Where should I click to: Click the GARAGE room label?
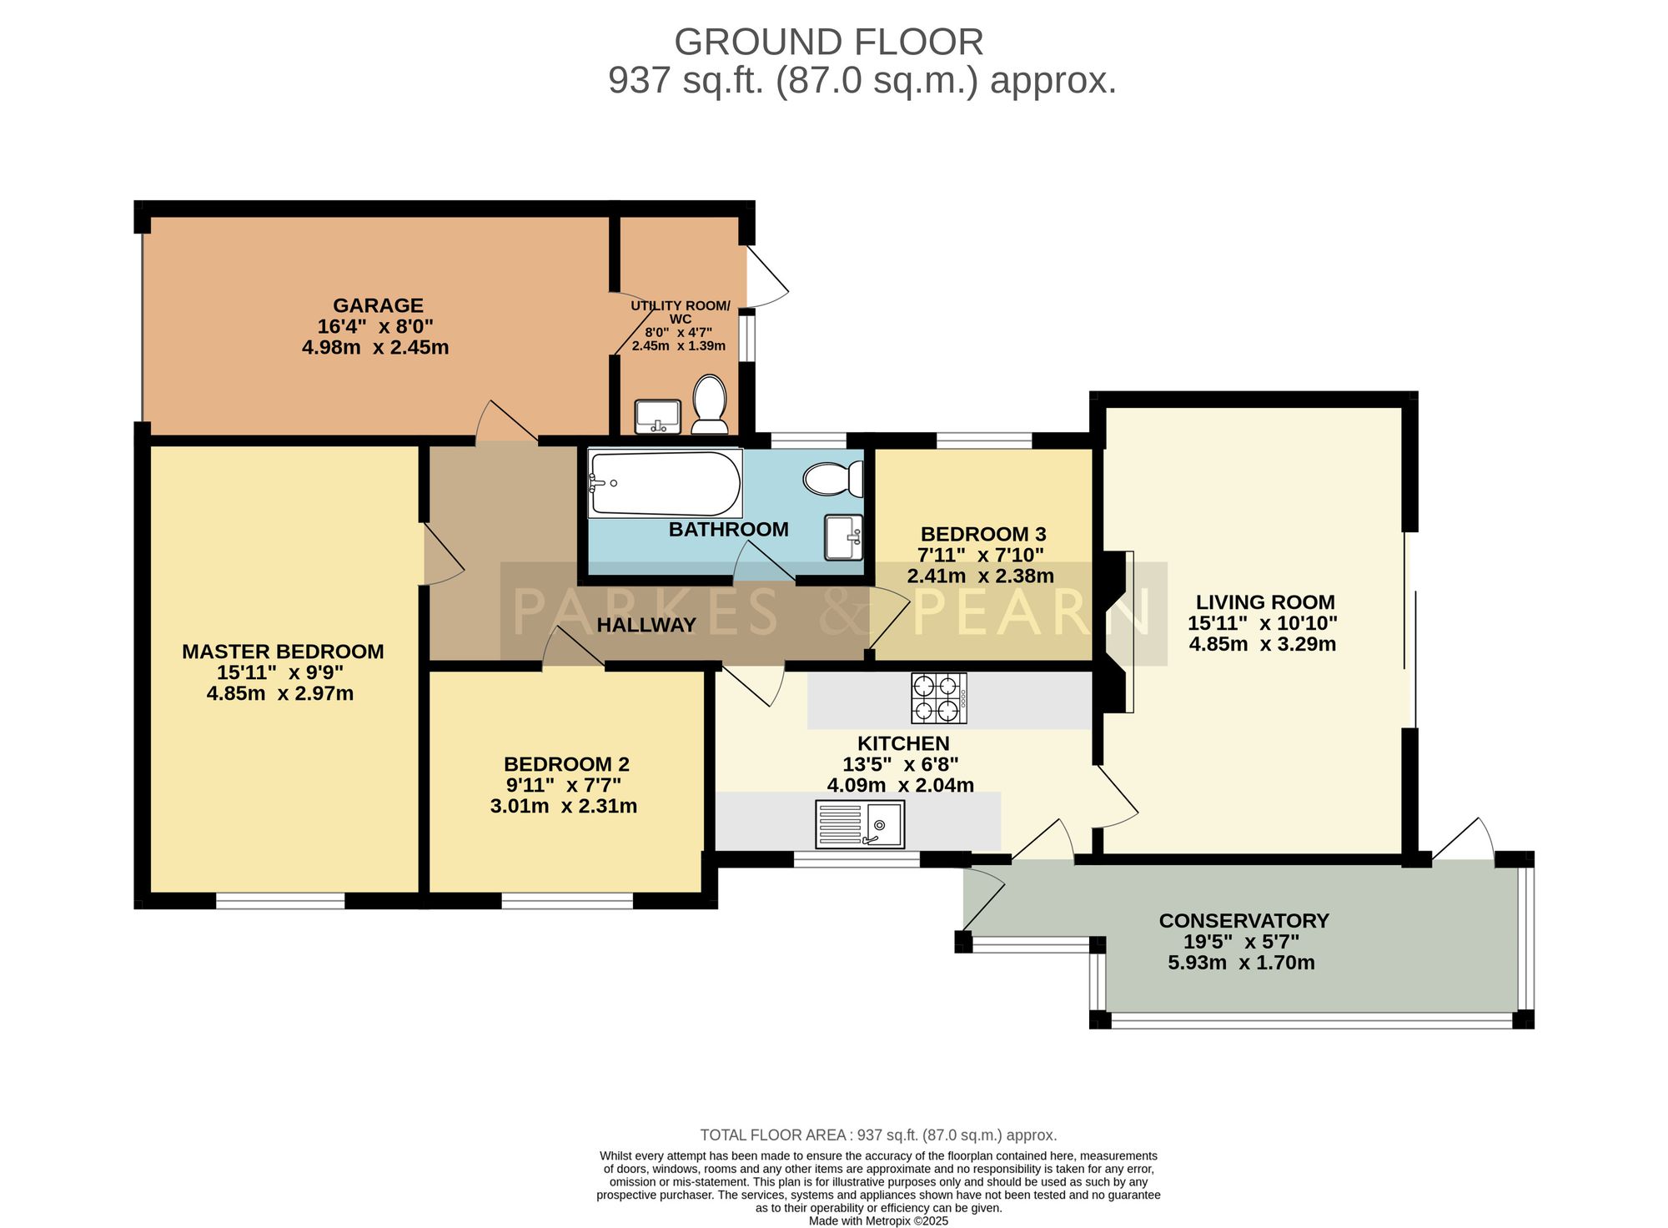(378, 305)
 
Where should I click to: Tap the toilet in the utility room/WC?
(710, 405)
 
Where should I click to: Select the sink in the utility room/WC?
(658, 416)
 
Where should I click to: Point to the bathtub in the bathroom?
(665, 484)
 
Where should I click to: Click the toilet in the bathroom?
(833, 479)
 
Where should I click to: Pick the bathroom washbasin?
(843, 537)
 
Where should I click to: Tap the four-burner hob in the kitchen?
(939, 698)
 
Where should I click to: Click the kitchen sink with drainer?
(859, 823)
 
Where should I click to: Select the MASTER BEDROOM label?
(283, 652)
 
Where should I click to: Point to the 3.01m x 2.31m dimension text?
(564, 806)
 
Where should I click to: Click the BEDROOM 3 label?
(982, 534)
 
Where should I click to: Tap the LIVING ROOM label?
(1265, 602)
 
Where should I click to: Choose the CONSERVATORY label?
(1243, 921)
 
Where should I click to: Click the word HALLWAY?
(646, 625)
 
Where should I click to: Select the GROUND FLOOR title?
(829, 42)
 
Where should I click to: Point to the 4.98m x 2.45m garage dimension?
(375, 347)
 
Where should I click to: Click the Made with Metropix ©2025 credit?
(878, 1220)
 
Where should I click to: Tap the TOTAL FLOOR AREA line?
(878, 1135)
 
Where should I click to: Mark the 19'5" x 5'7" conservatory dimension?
(1242, 942)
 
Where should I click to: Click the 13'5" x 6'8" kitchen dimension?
(901, 764)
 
